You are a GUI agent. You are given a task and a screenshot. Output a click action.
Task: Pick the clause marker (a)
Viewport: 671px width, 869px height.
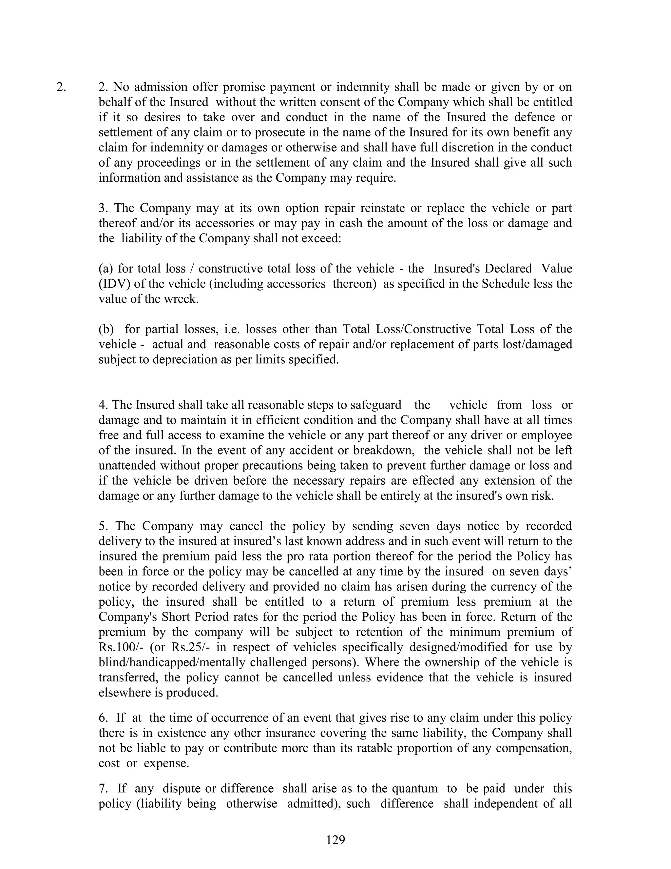coord(105,269)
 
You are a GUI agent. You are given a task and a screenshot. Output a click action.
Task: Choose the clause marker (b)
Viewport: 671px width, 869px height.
coord(106,329)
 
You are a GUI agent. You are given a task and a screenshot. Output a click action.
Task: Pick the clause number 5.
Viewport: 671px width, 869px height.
coord(103,526)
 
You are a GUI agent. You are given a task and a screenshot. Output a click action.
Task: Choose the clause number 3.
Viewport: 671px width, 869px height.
coord(103,208)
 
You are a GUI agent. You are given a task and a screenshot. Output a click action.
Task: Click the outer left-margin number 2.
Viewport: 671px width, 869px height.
coord(61,87)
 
